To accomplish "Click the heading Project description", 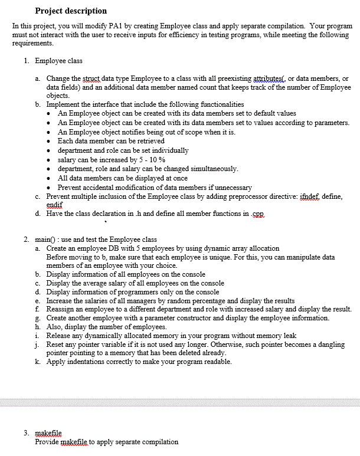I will click(71, 11).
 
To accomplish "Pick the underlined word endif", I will click(54, 204).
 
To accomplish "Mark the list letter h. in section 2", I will click(38, 327).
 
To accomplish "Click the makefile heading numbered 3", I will click(48, 433).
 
